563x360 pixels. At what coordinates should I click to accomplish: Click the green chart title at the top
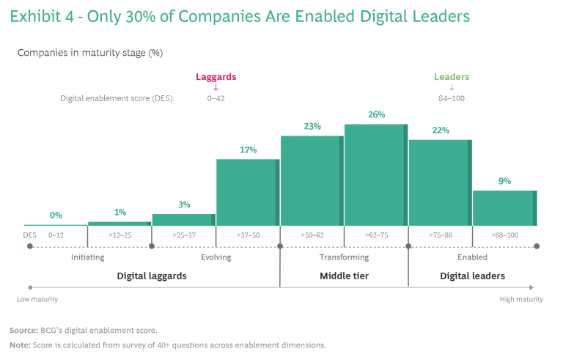[238, 16]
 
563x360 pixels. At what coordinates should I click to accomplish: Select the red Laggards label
[216, 76]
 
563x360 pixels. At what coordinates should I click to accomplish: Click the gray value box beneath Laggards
[216, 99]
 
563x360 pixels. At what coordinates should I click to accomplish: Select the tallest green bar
[373, 176]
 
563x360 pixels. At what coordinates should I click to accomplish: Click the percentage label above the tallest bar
[375, 114]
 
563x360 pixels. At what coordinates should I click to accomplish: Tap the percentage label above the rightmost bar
[506, 180]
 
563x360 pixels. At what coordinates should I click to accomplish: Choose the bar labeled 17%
[245, 194]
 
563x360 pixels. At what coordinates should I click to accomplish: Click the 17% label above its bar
[247, 151]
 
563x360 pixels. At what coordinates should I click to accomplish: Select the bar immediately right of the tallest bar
[438, 183]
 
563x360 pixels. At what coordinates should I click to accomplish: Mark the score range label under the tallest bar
[375, 235]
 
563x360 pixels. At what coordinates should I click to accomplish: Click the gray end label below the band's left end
[34, 299]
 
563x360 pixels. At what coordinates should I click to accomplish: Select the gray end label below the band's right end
[521, 299]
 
